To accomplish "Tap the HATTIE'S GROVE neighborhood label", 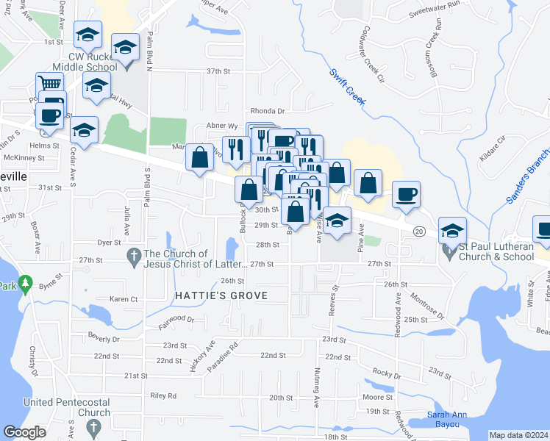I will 221,295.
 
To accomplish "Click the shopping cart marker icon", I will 49,85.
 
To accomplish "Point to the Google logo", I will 24,432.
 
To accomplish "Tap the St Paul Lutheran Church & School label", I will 496,252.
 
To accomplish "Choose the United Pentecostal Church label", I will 67,407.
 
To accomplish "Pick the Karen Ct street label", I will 124,299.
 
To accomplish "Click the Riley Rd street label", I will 163,395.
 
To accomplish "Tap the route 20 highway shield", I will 418,231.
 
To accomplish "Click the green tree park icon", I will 26,282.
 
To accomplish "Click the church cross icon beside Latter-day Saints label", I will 134,257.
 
